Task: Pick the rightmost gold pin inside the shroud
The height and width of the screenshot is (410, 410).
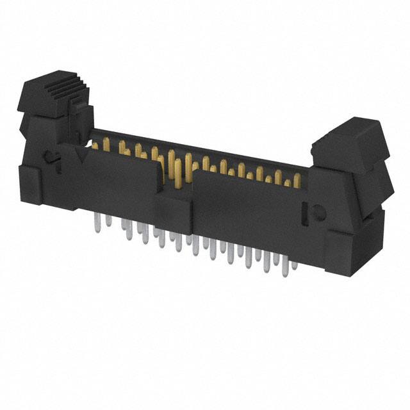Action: click(297, 182)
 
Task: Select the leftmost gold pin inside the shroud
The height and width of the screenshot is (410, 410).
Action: click(96, 145)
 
